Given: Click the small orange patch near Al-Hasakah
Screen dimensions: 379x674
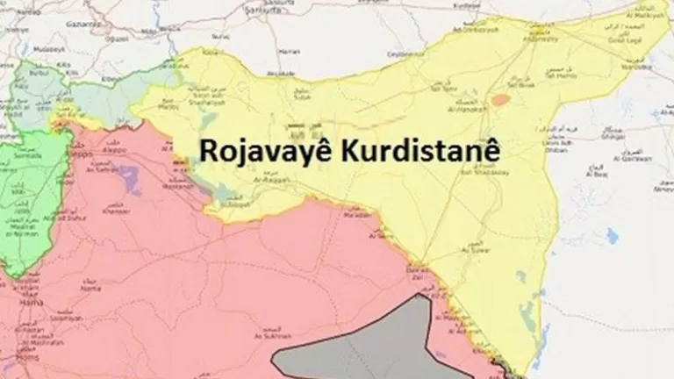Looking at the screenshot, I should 500,100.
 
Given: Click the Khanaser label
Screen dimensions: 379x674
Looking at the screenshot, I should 116,211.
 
